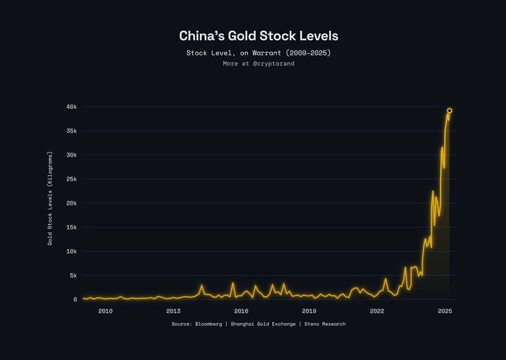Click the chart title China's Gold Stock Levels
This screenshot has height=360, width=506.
[x=259, y=36]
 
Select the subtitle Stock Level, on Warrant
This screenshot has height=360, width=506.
[x=259, y=53]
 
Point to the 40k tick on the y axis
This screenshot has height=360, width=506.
[x=71, y=107]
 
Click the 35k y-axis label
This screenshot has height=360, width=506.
[x=71, y=131]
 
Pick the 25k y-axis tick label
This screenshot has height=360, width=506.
[x=71, y=179]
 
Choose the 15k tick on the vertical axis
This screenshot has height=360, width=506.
[x=71, y=227]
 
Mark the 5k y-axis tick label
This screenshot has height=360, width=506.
[x=72, y=275]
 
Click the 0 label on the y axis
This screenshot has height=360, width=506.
[x=75, y=300]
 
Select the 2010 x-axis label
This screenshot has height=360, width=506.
[x=105, y=311]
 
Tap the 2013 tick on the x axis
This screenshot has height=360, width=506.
[x=173, y=311]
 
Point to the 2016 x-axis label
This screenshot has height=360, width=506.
[x=241, y=311]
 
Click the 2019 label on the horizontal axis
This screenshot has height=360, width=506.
[x=309, y=311]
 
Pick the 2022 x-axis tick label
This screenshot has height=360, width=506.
[x=377, y=311]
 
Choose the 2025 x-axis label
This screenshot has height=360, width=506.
[x=445, y=311]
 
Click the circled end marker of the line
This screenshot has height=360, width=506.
[x=449, y=110]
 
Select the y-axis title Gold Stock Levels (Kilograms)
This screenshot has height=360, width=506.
[x=50, y=198]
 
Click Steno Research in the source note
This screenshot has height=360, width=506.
[x=325, y=324]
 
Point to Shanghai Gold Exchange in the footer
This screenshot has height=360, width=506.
[x=263, y=324]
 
